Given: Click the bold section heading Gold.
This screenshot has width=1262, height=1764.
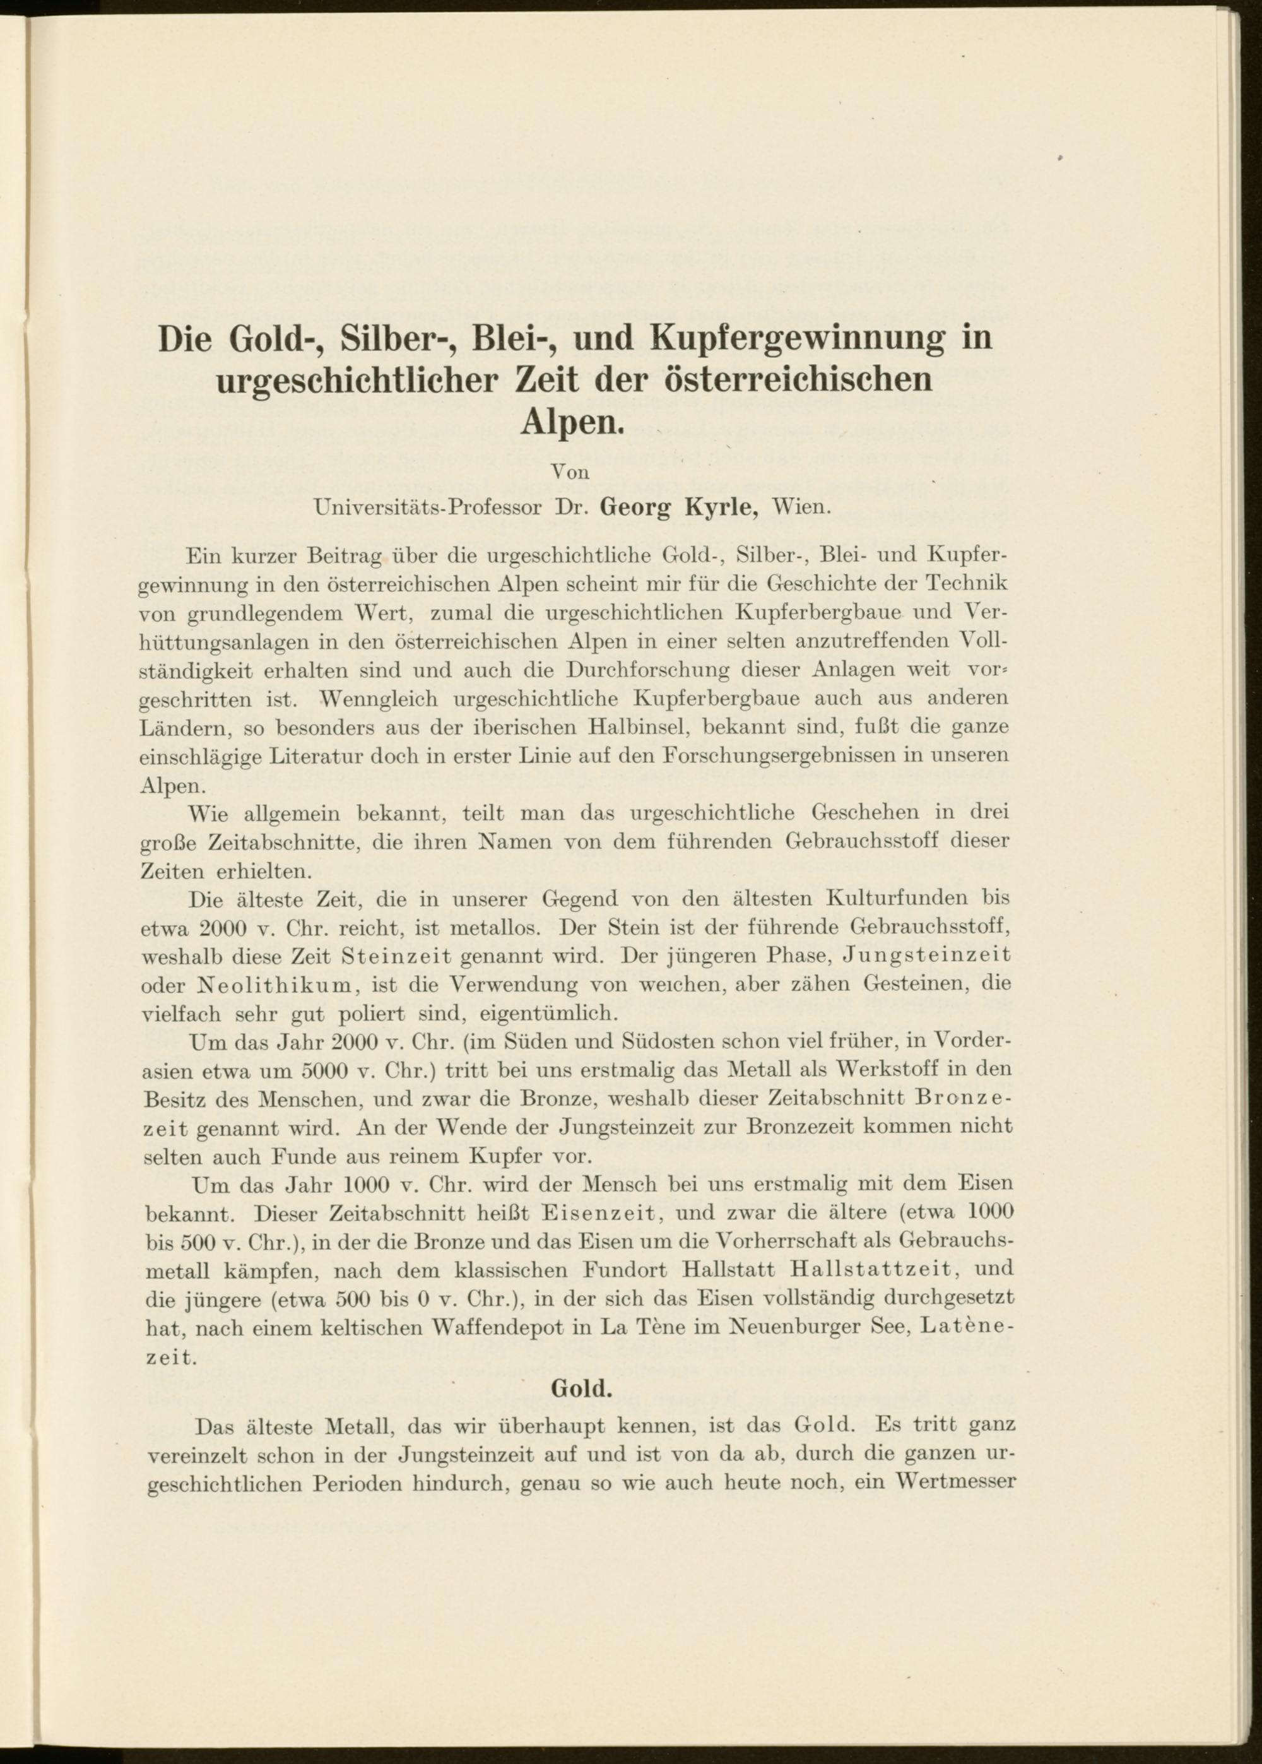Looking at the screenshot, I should coord(581,1388).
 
